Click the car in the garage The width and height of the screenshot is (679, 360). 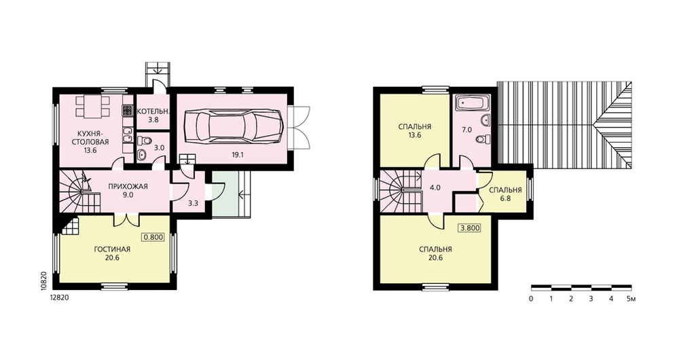(234, 126)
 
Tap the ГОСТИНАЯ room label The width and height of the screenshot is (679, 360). (112, 249)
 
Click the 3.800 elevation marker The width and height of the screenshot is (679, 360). (469, 228)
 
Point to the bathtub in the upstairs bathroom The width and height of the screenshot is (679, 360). (473, 103)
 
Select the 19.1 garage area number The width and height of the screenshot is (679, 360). (236, 154)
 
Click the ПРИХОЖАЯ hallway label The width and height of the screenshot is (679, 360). (128, 187)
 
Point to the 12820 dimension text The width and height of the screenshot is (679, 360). (60, 298)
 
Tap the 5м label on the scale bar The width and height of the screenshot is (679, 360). (631, 299)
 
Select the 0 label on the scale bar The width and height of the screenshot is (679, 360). (531, 299)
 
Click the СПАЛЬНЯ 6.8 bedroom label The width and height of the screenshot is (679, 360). (505, 194)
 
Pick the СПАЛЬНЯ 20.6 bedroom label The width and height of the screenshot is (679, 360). (436, 253)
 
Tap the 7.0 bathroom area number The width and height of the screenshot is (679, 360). (467, 130)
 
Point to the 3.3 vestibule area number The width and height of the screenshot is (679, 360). (193, 202)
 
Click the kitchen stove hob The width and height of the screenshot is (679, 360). (127, 110)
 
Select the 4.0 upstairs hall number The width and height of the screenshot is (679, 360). (435, 188)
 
